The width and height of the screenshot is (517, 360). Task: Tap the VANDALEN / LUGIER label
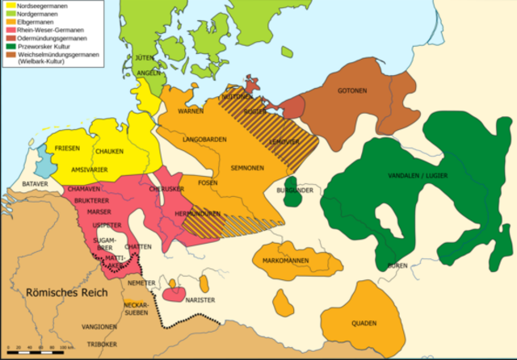[418, 175]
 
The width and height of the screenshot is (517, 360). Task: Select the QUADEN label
[364, 323]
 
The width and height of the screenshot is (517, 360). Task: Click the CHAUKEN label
[108, 152]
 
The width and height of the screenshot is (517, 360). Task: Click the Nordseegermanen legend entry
[36, 5]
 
